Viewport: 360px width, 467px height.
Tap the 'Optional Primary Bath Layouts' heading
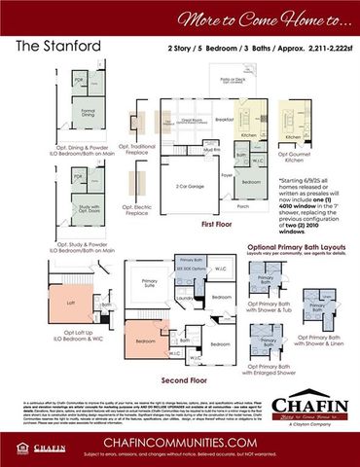click(x=291, y=246)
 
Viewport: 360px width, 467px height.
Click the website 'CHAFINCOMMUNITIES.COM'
click(x=180, y=439)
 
